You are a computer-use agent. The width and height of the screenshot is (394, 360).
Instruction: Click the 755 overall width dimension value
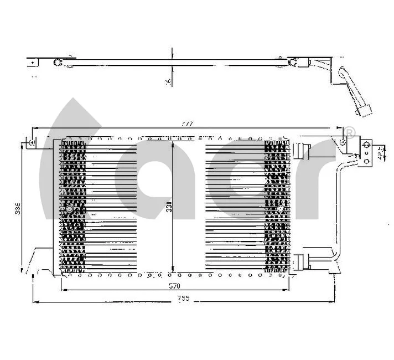[x=184, y=299]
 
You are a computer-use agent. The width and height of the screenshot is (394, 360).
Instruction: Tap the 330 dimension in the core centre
[x=169, y=208]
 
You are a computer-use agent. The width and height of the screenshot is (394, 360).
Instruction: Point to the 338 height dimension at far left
[x=18, y=209]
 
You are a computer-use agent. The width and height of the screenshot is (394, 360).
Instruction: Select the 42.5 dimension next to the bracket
[x=380, y=153]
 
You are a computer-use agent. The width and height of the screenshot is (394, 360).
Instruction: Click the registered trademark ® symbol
[x=349, y=132]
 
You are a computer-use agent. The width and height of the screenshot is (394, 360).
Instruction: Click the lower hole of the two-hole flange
[x=367, y=161]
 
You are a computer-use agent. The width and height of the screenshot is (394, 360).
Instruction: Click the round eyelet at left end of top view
[x=57, y=61]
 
